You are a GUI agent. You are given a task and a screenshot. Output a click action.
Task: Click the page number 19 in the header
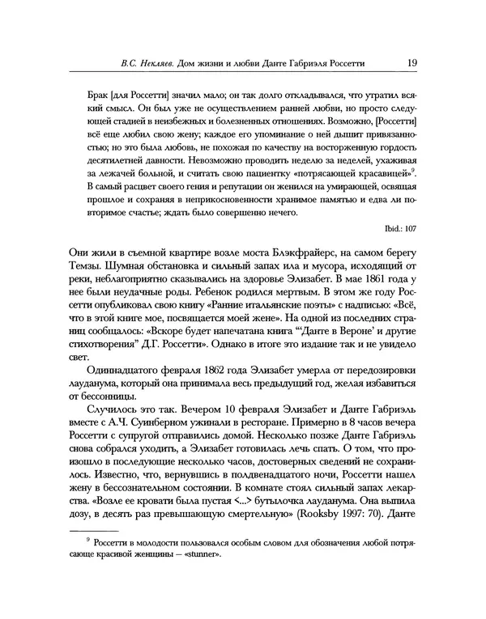(411, 62)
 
